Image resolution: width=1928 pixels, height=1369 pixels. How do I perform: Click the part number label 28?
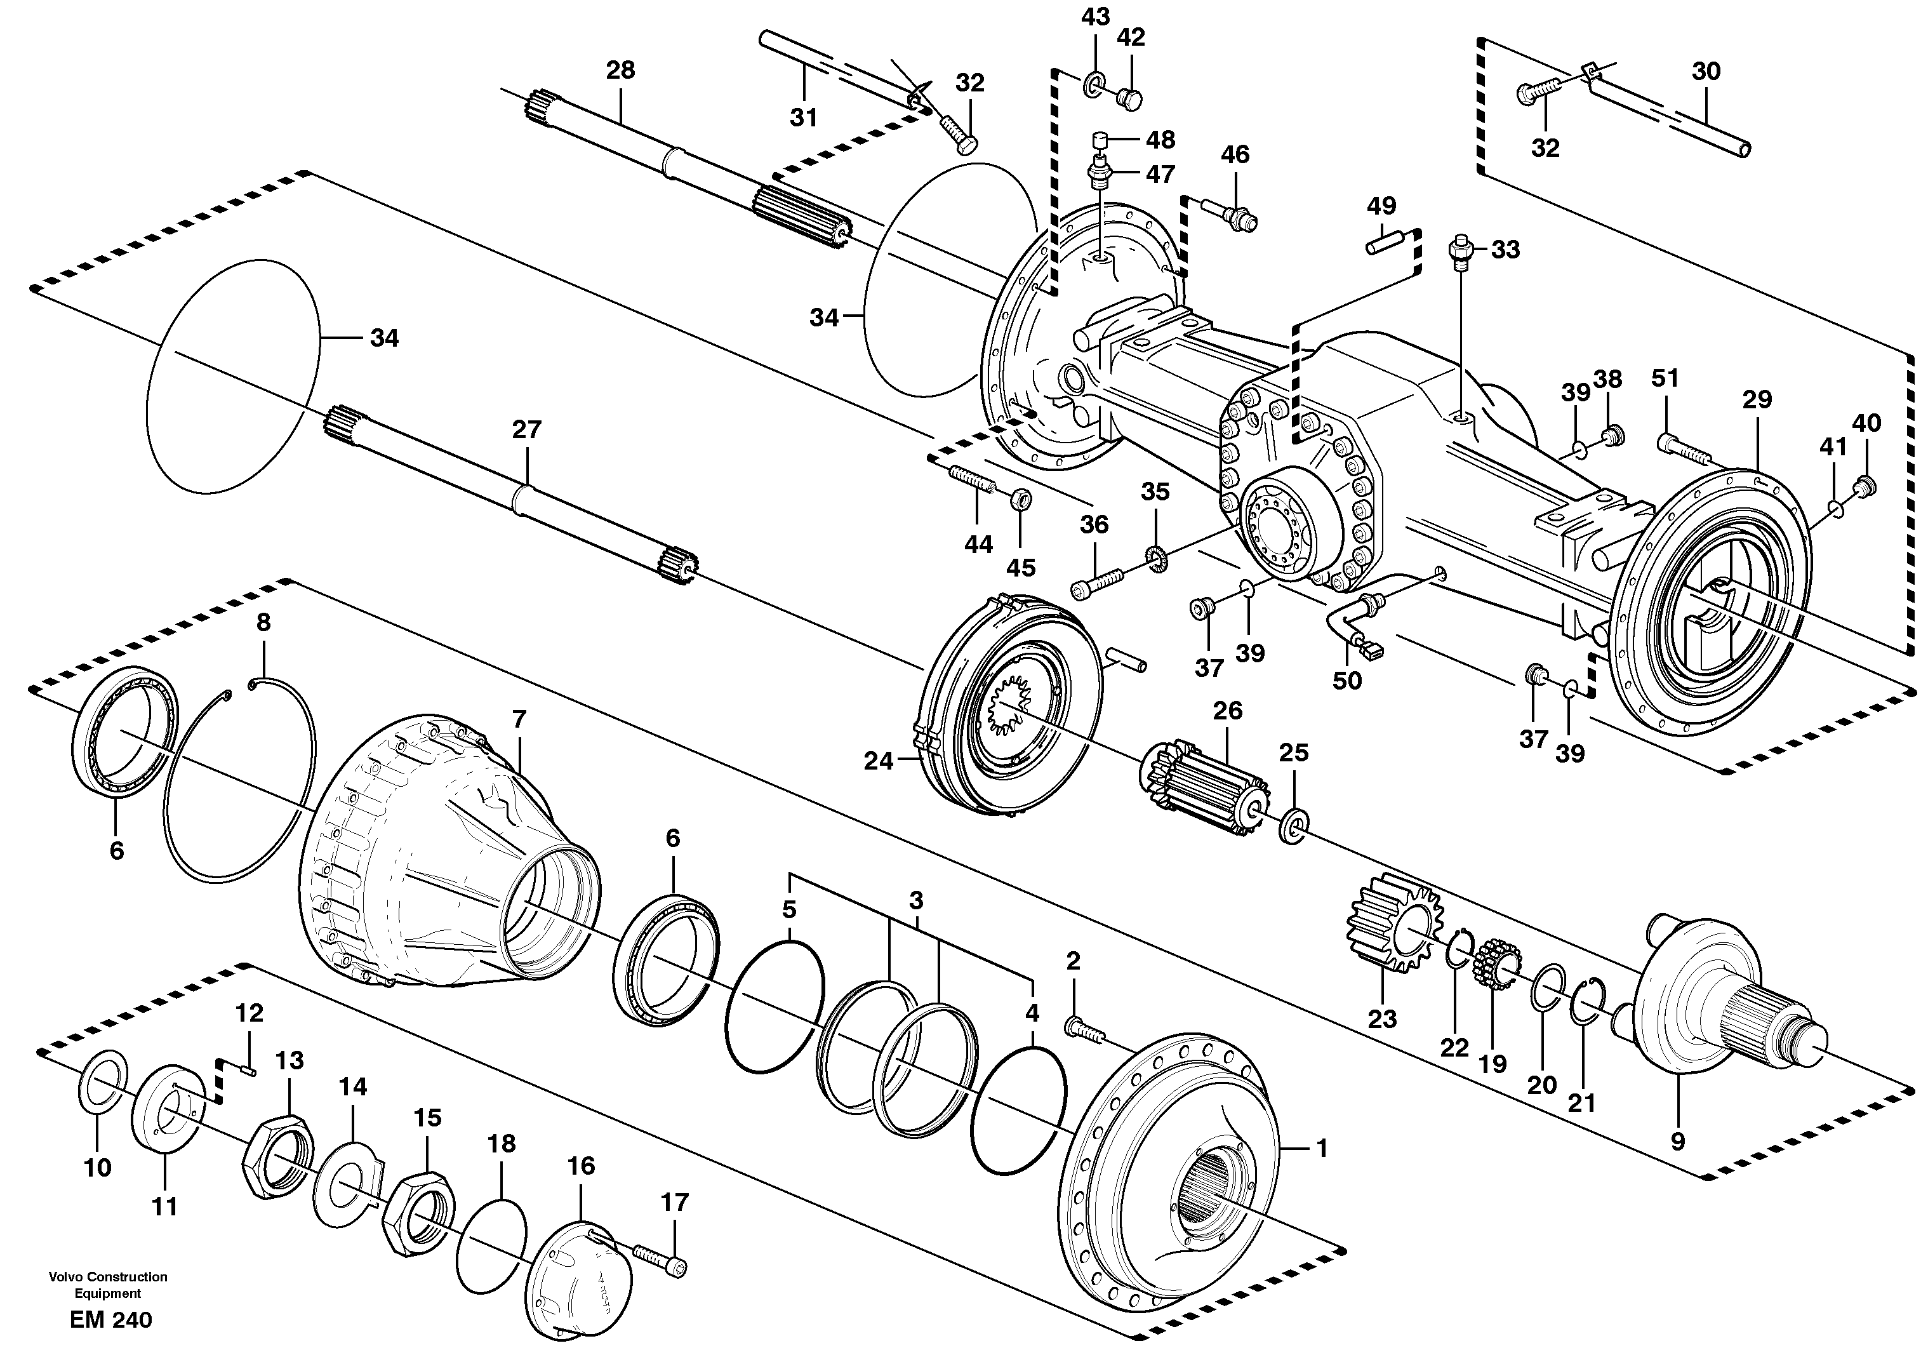point(620,70)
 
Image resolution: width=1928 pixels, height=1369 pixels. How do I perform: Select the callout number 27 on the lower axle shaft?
point(527,430)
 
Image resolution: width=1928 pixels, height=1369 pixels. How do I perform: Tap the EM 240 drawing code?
point(111,1320)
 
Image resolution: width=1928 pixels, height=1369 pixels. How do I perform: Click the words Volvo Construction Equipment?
point(108,1285)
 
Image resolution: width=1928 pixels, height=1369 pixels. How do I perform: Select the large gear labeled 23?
point(1395,933)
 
